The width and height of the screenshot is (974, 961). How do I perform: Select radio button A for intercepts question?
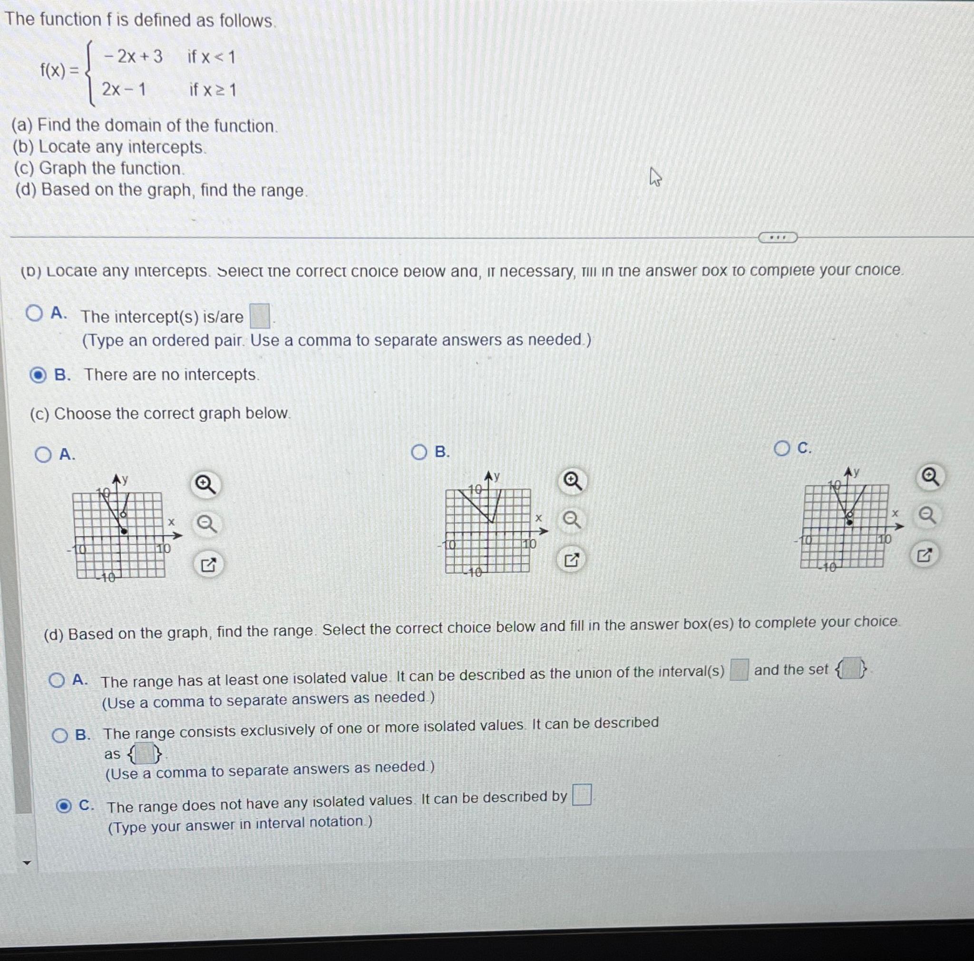[34, 314]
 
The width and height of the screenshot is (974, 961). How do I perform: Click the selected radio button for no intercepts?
[38, 375]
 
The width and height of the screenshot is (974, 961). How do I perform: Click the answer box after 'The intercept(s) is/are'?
[260, 316]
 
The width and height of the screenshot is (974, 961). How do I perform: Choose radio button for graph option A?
[43, 455]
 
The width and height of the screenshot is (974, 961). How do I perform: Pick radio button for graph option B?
[419, 452]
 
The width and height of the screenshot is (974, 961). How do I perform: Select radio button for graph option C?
[781, 449]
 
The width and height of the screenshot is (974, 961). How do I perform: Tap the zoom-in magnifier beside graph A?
[205, 485]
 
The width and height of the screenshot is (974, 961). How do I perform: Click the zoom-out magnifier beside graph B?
[571, 519]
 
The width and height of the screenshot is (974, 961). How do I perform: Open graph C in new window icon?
[924, 555]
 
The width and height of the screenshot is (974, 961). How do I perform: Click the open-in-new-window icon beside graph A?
[208, 565]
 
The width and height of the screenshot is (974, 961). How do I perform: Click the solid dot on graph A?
[125, 531]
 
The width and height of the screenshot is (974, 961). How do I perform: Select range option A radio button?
[57, 681]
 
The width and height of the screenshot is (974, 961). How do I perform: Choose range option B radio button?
[60, 736]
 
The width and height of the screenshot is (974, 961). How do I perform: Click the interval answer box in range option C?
[582, 795]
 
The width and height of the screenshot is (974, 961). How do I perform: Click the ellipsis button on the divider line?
[778, 237]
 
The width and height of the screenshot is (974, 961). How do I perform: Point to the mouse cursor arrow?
[654, 177]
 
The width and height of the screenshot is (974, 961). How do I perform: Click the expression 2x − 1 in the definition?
[124, 90]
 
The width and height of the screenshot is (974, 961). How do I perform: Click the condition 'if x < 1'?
[211, 58]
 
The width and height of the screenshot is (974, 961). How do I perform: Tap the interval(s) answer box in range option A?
[739, 670]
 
